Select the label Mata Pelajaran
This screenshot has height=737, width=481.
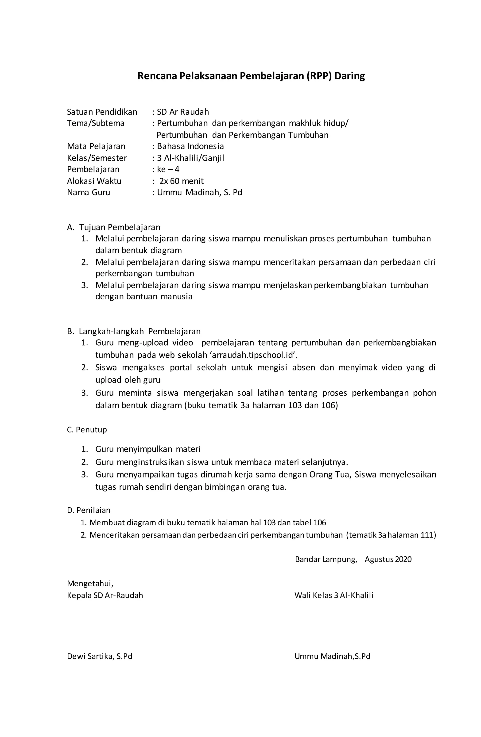click(96, 146)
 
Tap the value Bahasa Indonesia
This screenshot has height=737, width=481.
click(190, 146)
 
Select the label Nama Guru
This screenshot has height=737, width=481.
click(88, 192)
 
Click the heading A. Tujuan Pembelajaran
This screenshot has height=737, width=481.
click(113, 227)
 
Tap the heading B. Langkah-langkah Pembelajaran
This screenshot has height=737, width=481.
click(134, 331)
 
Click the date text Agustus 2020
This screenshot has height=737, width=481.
click(388, 559)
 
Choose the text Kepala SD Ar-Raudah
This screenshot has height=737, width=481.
click(105, 595)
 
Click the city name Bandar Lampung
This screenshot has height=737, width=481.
click(326, 559)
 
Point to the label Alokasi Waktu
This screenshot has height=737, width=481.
click(94, 181)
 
